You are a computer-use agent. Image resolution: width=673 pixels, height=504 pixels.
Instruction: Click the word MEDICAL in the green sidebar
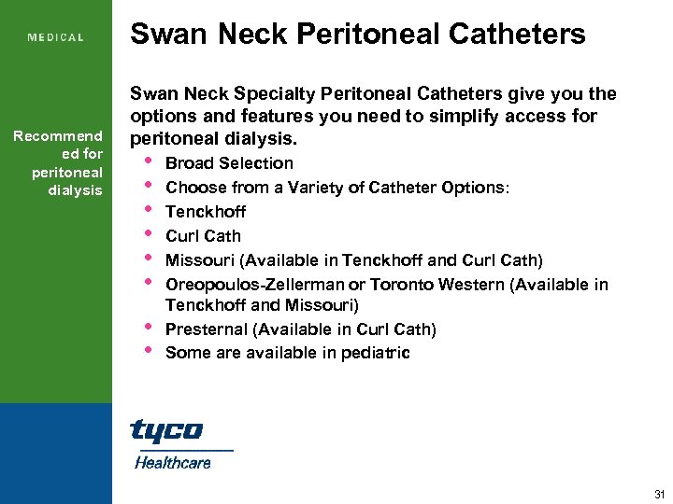coord(56,38)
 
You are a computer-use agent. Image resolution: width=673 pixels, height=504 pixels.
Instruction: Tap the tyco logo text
coord(166,430)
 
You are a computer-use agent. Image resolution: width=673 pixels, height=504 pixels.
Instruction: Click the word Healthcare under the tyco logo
coord(173,462)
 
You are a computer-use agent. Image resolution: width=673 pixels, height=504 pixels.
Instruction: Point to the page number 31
coord(660,494)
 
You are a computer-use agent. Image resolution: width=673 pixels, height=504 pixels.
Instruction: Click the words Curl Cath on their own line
coord(203,236)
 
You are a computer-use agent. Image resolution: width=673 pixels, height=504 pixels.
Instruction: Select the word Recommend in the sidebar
coord(58,137)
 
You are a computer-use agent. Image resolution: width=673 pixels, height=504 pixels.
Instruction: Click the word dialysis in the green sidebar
coord(76,190)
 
